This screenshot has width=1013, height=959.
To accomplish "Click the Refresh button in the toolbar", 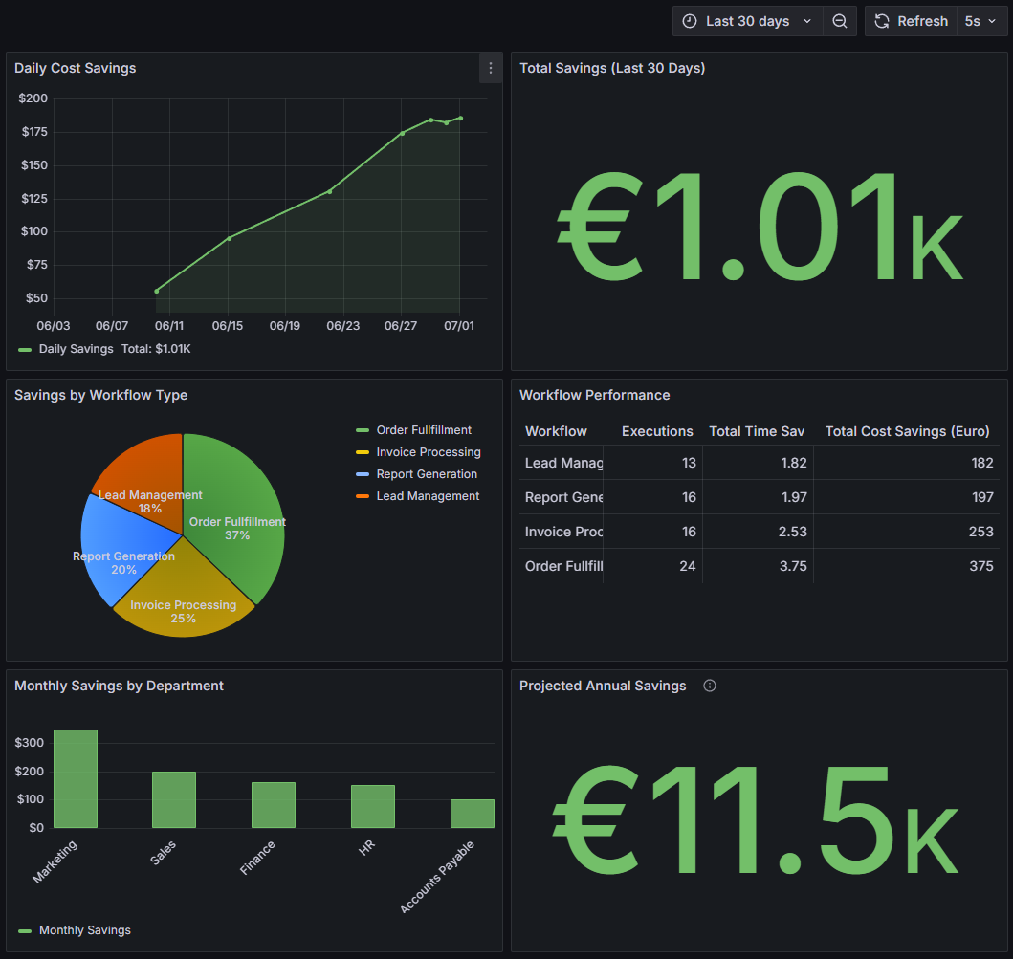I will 911,21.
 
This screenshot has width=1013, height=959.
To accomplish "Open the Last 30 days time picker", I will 747,21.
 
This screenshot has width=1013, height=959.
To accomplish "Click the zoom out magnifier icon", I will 839,21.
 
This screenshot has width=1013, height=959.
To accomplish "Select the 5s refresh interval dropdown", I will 979,21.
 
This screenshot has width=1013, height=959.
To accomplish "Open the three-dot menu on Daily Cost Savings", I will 491,68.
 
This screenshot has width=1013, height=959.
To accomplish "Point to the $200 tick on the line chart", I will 33,98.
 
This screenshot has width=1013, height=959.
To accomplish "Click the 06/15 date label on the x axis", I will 228,326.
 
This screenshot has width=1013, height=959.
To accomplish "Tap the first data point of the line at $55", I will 157,291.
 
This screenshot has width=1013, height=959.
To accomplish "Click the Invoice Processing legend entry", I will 428,452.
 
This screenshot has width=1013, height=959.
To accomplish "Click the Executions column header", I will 657,431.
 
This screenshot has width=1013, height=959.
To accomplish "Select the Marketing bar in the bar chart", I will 76,779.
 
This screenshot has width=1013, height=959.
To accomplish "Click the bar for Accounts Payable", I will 473,814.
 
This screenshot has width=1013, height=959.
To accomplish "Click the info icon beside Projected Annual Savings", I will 710,686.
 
